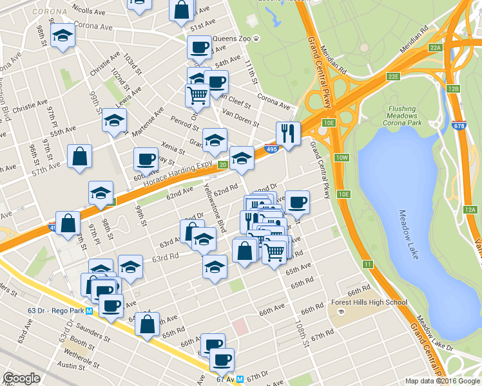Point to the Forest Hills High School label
tap(369, 302)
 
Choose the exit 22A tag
tap(436, 48)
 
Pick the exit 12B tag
tap(453, 89)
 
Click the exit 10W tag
tap(341, 158)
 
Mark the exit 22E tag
tap(394, 76)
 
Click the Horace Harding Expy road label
tap(178, 174)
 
